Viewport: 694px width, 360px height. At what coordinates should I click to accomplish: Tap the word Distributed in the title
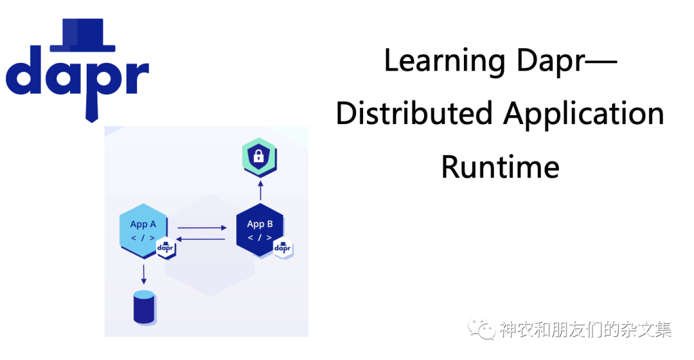(414, 114)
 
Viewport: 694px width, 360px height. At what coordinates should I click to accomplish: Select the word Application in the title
(583, 114)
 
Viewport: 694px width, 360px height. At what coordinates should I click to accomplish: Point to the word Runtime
(500, 166)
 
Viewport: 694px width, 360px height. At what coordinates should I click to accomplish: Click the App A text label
(143, 224)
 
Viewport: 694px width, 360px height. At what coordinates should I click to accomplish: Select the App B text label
(260, 224)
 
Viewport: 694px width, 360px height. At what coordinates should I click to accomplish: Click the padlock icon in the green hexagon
(260, 156)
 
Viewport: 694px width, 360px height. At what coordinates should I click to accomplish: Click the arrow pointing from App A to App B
(202, 228)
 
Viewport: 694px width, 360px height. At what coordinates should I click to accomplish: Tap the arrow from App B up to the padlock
(260, 190)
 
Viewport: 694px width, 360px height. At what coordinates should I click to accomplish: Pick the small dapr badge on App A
(166, 248)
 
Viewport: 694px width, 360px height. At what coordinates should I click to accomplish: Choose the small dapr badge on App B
(283, 248)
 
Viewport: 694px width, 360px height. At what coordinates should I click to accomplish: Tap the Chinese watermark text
(586, 330)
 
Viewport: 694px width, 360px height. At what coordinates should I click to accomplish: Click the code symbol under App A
(143, 238)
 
